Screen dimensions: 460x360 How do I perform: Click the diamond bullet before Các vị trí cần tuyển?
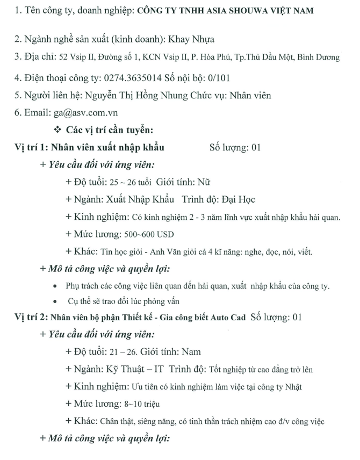point(57,130)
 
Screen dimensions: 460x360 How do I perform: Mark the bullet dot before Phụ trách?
point(56,285)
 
